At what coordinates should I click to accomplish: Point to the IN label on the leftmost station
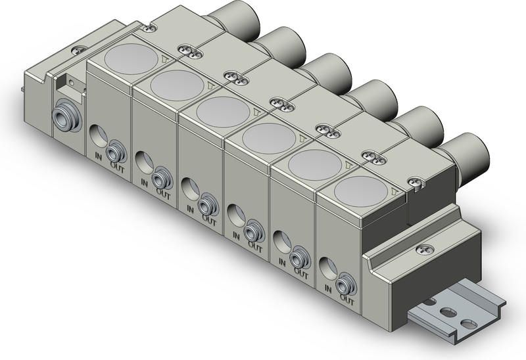[x=98, y=155]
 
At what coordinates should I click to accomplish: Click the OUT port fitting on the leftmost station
[x=117, y=151]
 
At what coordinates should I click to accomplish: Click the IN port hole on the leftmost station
[x=97, y=135]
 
